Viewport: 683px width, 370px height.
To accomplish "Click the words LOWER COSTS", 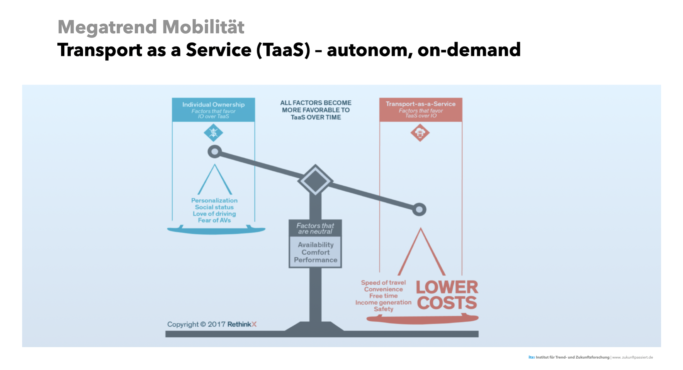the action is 447,295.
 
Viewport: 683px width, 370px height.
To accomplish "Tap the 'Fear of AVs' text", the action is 214,220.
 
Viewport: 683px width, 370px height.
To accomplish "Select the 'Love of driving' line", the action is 214,214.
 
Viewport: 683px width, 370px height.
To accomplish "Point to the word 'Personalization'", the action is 214,200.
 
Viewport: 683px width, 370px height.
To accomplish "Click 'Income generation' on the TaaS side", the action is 383,302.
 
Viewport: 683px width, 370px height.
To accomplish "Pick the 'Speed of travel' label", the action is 383,283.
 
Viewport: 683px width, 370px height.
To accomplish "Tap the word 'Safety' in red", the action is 383,309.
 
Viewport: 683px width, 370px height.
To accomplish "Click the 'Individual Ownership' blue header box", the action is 213,110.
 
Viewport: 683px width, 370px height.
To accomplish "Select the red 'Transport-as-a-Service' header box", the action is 421,109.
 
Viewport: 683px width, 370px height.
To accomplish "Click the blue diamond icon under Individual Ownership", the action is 213,133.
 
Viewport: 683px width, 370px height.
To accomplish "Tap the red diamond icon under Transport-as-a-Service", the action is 420,133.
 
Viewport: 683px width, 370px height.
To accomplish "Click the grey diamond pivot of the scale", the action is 315,180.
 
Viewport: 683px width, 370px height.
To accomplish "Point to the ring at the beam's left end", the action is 215,152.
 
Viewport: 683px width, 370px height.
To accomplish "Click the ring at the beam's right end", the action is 419,210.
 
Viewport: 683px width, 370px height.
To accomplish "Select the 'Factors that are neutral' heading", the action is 315,229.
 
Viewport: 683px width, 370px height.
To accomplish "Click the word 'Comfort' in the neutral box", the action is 315,252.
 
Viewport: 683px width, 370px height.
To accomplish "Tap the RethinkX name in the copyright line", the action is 242,324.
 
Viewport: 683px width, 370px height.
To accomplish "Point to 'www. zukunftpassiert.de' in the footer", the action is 633,357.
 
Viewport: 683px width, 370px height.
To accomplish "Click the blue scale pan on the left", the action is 216,230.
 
